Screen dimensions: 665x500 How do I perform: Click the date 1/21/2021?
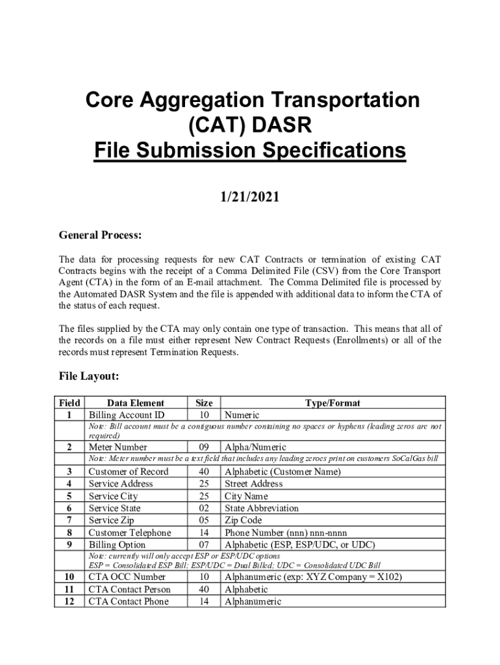coord(250,196)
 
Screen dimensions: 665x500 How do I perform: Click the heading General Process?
coord(101,234)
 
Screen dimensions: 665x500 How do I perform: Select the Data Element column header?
coord(136,403)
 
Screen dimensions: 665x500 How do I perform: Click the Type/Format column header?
coord(332,403)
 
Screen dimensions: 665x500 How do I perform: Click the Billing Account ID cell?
coord(127,415)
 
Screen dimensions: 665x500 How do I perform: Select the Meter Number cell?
coord(118,447)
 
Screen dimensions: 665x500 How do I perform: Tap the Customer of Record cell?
coord(128,471)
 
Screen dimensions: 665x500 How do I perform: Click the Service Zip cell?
coord(112,520)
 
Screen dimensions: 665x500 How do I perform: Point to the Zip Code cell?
coord(243,520)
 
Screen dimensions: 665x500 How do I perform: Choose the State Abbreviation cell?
coord(262,508)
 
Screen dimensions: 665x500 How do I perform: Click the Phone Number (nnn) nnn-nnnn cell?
coord(286,533)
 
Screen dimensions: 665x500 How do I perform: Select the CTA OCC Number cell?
coord(127,577)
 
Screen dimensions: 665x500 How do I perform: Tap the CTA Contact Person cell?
coord(130,589)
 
